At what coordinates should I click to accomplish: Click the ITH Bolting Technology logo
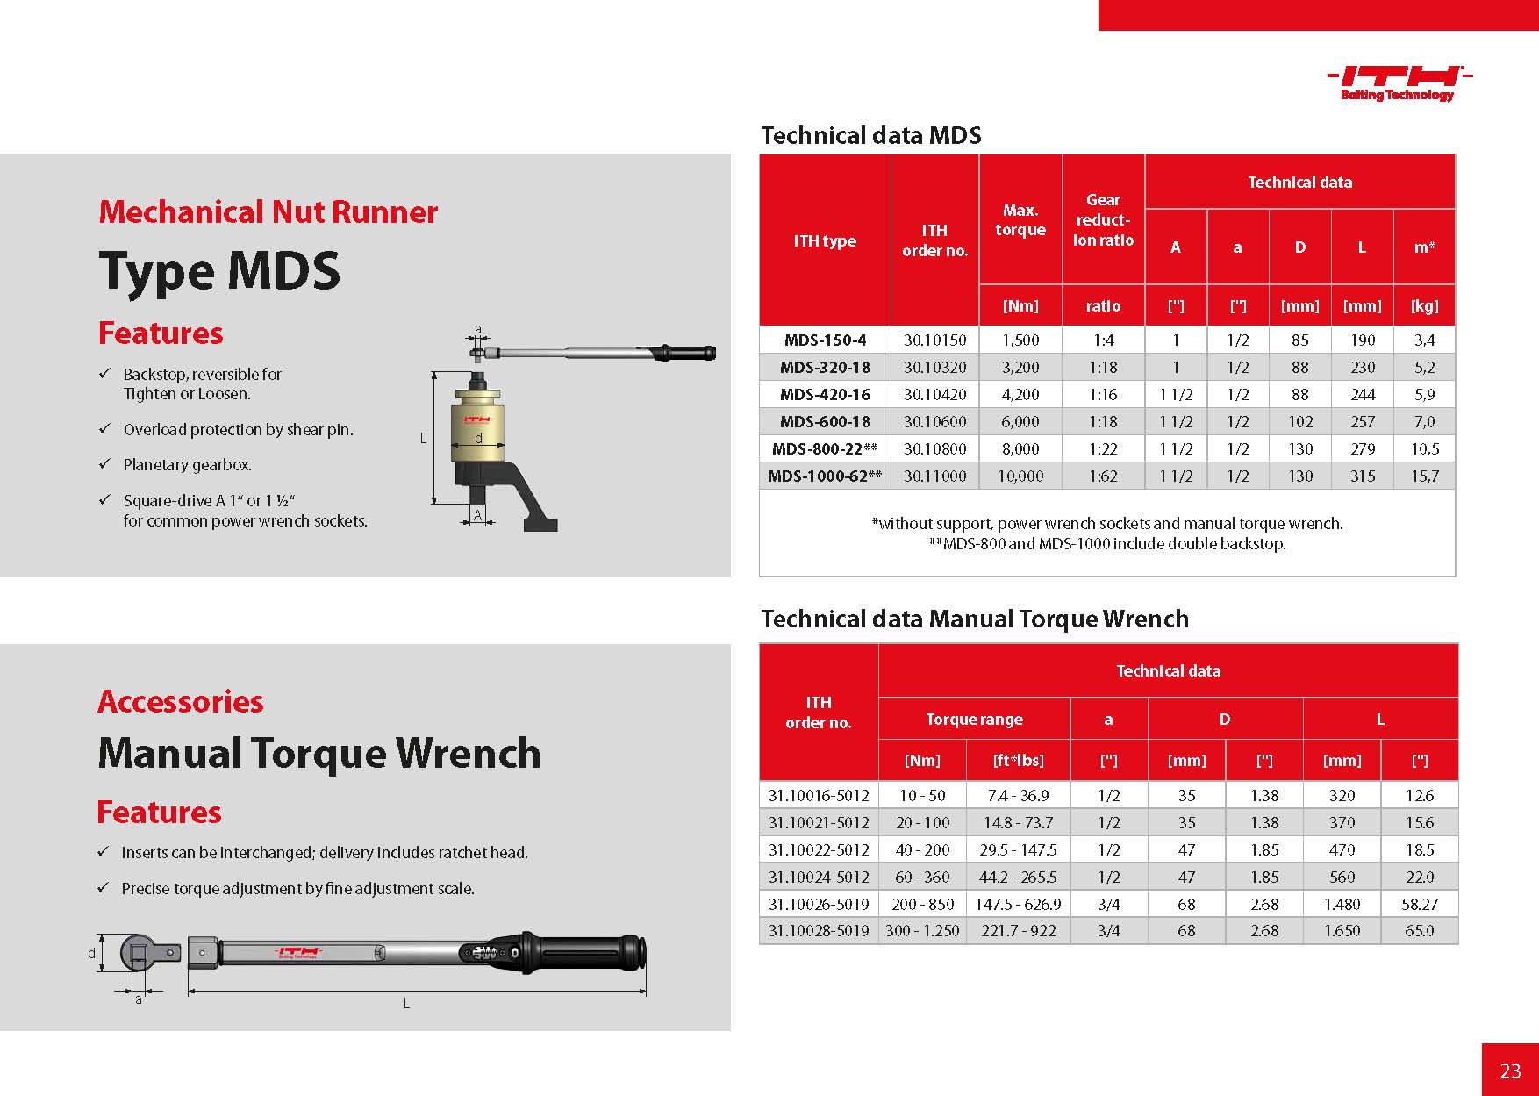[x=1398, y=82]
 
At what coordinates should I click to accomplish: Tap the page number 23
[x=1510, y=1071]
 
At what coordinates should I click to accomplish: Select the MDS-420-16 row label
[x=825, y=395]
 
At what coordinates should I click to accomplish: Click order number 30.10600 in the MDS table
[x=934, y=422]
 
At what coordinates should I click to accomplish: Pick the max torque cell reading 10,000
[x=1020, y=476]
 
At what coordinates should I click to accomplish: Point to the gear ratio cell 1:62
[x=1103, y=476]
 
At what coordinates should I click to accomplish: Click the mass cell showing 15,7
[x=1424, y=476]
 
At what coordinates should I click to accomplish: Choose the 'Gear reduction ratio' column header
[x=1103, y=220]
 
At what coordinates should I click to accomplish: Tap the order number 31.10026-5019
[x=819, y=904]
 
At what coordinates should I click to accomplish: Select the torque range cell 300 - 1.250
[x=922, y=931]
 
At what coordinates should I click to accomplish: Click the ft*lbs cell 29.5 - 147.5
[x=1018, y=850]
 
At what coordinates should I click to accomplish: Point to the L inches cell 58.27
[x=1419, y=904]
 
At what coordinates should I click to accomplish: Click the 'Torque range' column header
[x=974, y=720]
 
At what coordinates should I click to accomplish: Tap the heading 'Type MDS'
[x=219, y=271]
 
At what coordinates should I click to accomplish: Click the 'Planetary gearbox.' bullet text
[x=187, y=465]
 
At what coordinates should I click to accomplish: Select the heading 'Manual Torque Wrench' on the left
[x=319, y=754]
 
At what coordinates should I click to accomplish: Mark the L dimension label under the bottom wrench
[x=406, y=1004]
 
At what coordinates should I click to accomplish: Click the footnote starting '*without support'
[x=1106, y=524]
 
